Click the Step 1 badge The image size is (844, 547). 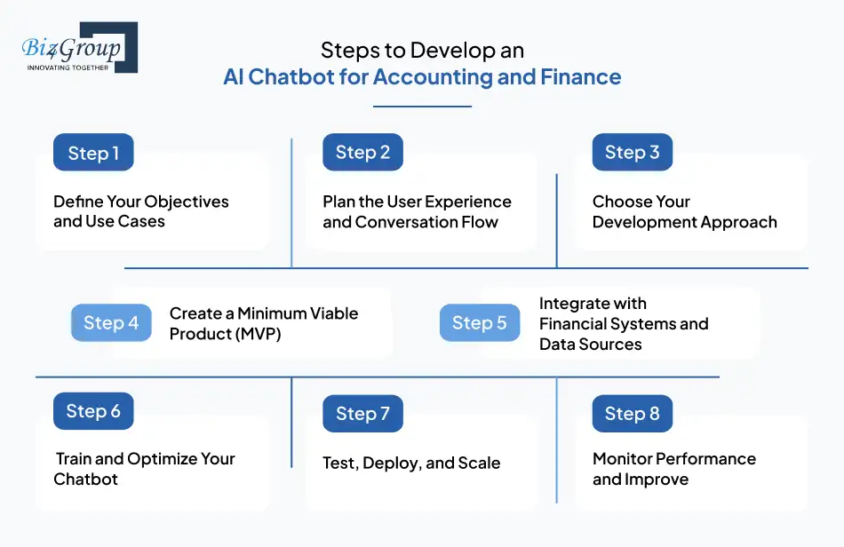(x=93, y=153)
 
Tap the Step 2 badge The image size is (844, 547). (x=362, y=153)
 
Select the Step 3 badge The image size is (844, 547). (x=632, y=153)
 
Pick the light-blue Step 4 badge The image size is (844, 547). (x=111, y=323)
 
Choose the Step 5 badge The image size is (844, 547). (x=479, y=323)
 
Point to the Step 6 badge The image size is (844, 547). (x=93, y=411)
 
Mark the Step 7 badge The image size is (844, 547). (x=362, y=414)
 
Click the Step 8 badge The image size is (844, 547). (x=632, y=414)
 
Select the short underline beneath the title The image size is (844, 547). (x=422, y=107)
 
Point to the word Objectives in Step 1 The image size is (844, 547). (x=186, y=202)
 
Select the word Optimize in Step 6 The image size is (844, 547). (x=163, y=459)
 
